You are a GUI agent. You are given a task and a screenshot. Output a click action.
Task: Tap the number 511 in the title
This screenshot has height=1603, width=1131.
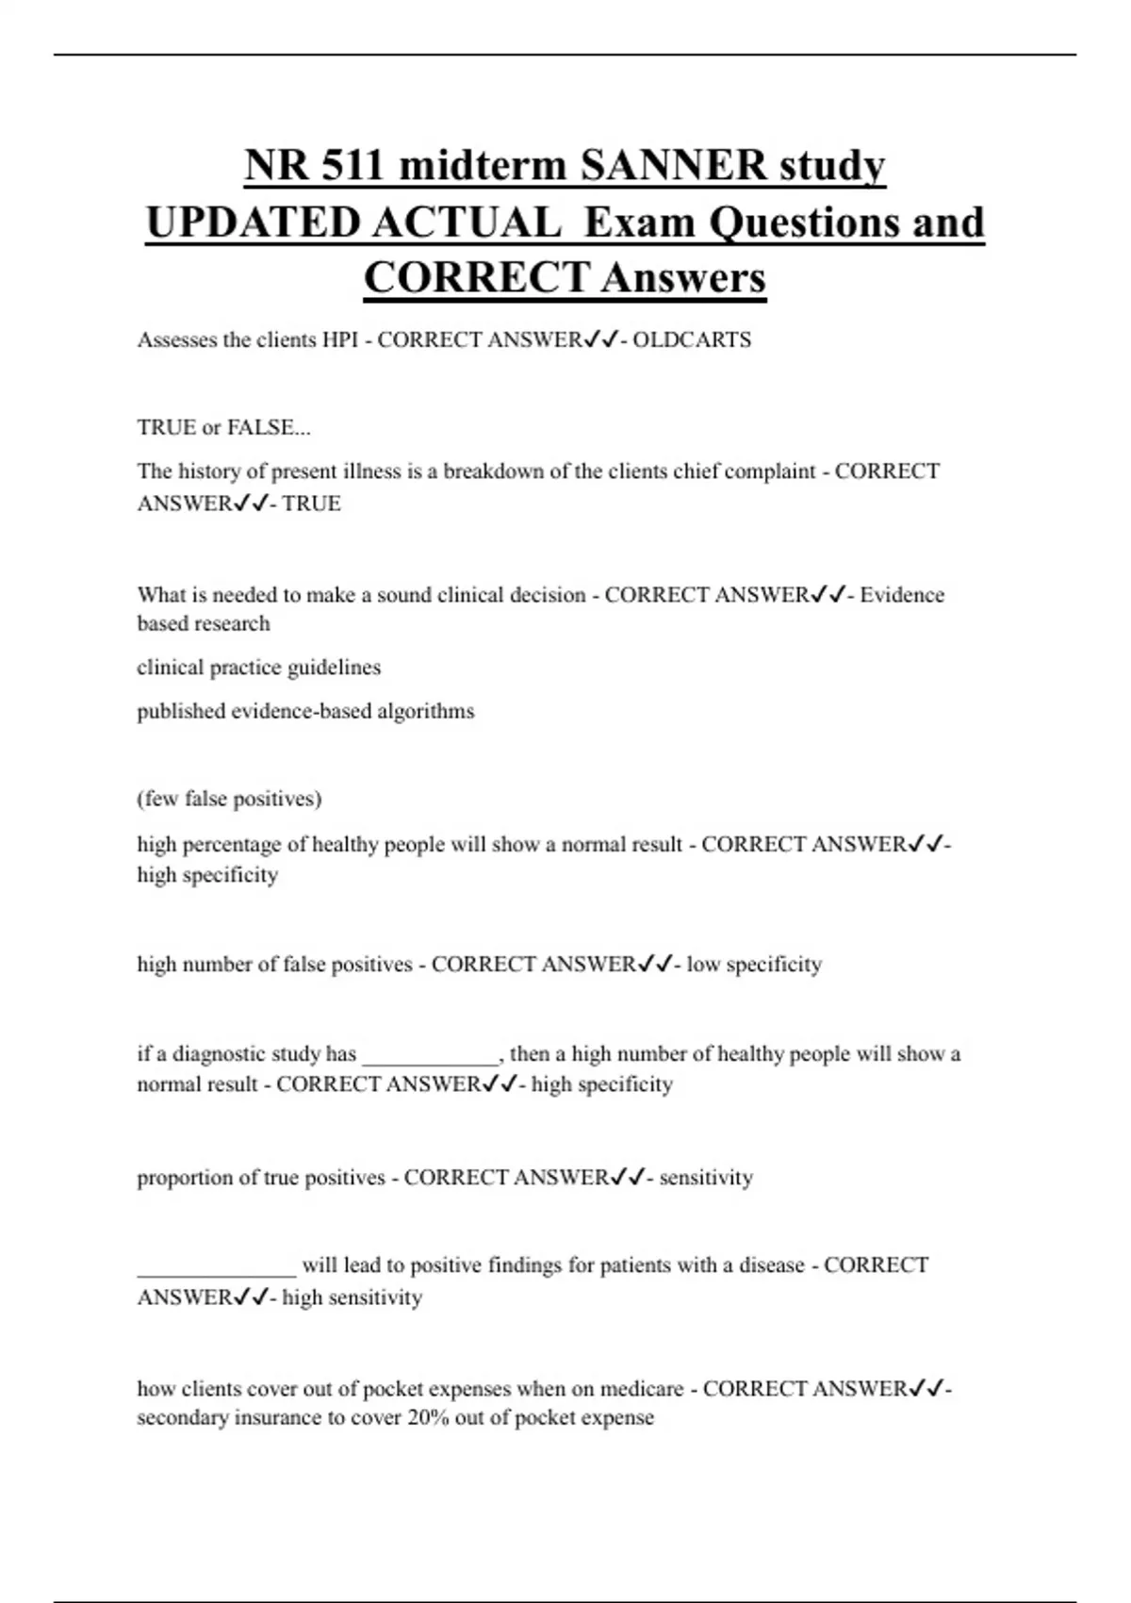pyautogui.click(x=352, y=166)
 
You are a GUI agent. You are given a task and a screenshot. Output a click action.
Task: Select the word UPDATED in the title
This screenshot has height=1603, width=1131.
pyautogui.click(x=252, y=223)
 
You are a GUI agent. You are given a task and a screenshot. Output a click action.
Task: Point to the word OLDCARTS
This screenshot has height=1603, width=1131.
pyautogui.click(x=692, y=339)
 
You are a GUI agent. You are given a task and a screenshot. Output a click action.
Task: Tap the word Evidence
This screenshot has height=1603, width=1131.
pyautogui.click(x=902, y=594)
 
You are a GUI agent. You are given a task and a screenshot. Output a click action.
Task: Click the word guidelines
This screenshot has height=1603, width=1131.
pyautogui.click(x=335, y=667)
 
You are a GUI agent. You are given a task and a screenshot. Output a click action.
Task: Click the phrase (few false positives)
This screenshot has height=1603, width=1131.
pyautogui.click(x=229, y=799)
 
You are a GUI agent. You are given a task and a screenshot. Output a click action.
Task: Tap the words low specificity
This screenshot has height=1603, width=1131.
pyautogui.click(x=754, y=964)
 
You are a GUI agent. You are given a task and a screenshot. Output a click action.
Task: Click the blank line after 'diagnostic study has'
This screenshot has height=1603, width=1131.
pyautogui.click(x=431, y=1056)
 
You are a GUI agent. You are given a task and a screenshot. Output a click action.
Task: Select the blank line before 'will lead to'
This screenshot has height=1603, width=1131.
pyautogui.click(x=217, y=1268)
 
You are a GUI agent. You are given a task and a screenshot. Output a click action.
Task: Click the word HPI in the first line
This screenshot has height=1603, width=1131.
pyautogui.click(x=339, y=339)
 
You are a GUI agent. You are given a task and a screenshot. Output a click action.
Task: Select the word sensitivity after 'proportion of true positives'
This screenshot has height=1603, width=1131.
pyautogui.click(x=706, y=1177)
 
